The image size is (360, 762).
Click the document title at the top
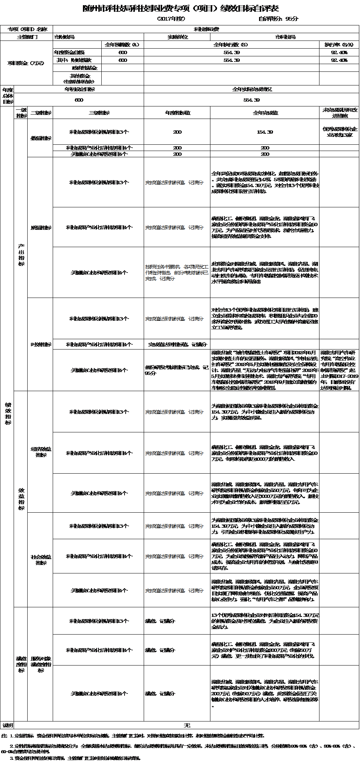coord(181,8)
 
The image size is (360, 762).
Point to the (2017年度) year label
coord(171,19)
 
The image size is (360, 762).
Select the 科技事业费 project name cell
coord(206,29)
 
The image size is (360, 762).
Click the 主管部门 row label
coord(27,37)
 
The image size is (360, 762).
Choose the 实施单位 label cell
coord(177,37)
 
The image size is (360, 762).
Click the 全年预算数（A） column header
coord(122,45)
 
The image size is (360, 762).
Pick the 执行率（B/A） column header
coord(339,45)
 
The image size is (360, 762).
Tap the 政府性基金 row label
coord(85,68)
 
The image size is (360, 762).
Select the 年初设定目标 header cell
coord(79,89)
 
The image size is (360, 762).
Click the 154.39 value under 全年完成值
coord(265,132)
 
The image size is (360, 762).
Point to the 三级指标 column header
coord(98,113)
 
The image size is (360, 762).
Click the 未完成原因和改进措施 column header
coord(339,113)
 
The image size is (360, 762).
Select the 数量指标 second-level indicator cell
coord(41,138)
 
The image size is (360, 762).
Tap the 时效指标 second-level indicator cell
coord(41,344)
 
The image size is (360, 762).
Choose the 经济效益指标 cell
coord(41,452)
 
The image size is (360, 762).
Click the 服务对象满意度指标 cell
coord(41,664)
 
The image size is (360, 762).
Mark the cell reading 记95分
coord(177,370)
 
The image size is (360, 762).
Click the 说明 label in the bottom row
coord(7,725)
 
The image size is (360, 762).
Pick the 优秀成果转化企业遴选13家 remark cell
coord(339,132)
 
